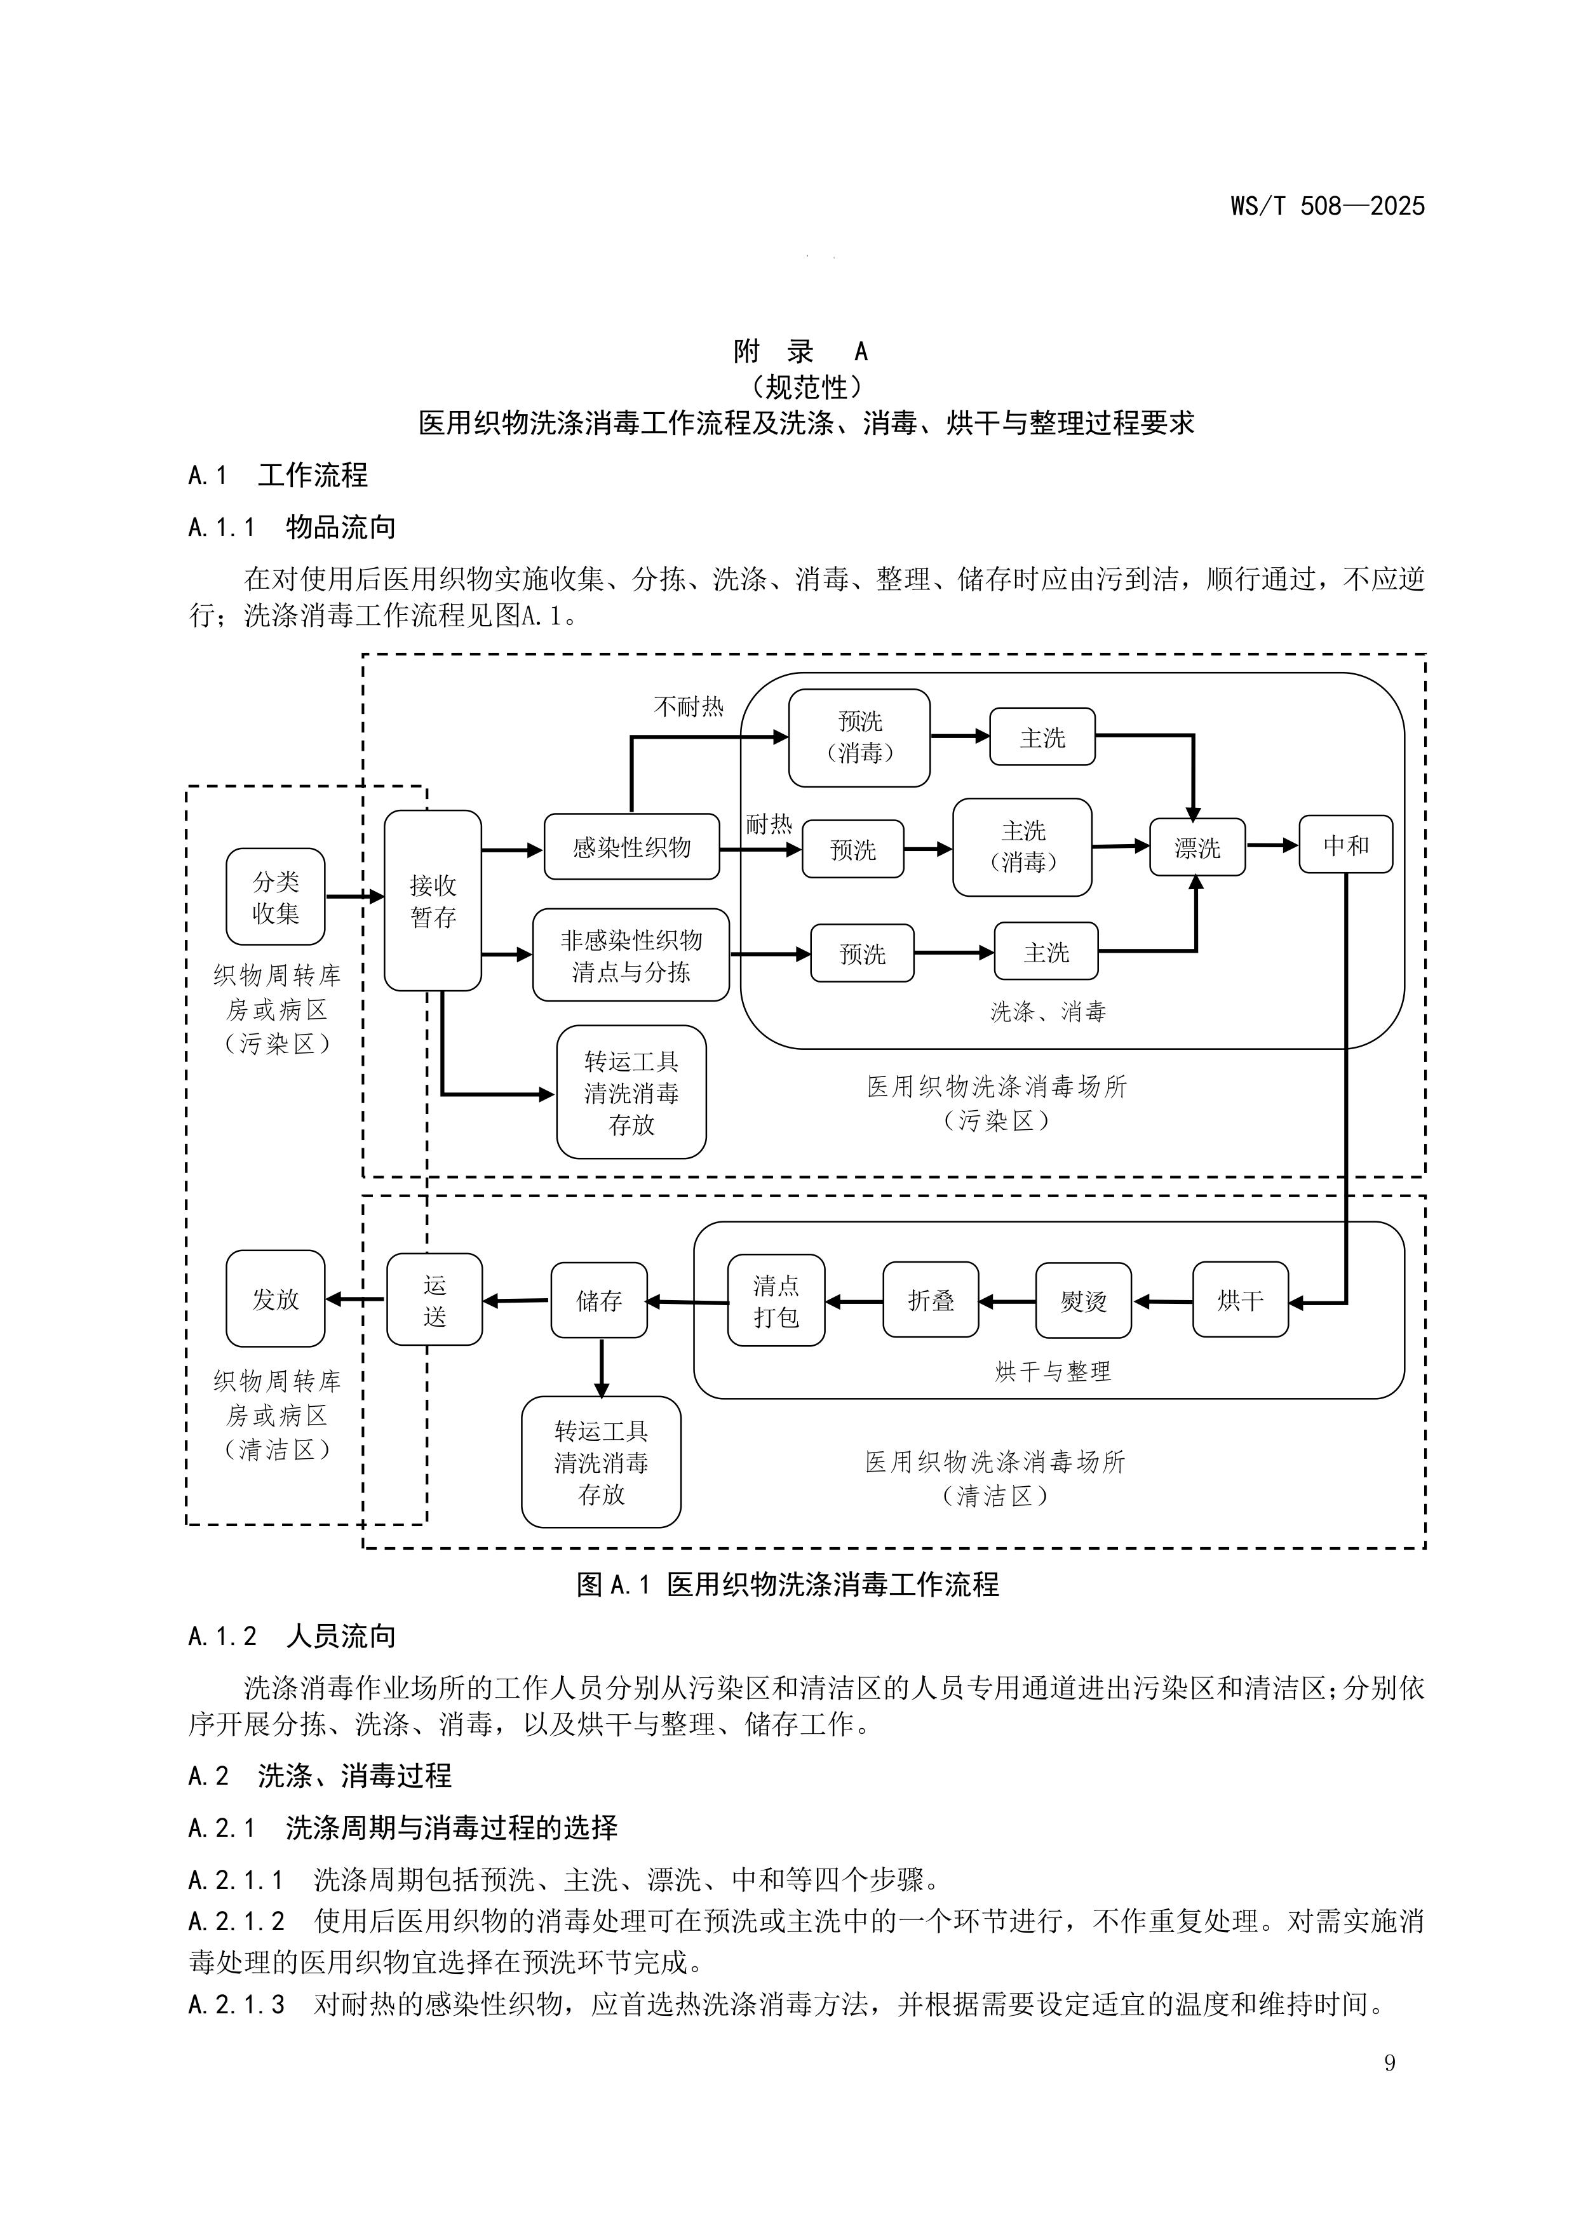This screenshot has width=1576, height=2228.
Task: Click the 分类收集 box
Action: (276, 897)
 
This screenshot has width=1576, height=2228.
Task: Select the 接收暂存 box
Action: (433, 901)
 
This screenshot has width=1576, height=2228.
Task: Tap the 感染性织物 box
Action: (632, 847)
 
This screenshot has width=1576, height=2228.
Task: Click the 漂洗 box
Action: (1197, 847)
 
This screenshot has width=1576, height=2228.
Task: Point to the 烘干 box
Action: (1240, 1299)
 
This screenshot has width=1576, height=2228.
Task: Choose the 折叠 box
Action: (931, 1300)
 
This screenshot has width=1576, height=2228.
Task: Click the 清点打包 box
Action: (776, 1300)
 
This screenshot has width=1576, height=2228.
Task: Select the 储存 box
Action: (599, 1300)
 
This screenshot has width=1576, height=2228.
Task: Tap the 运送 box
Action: (434, 1300)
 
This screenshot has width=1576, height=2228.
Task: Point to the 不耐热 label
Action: (689, 706)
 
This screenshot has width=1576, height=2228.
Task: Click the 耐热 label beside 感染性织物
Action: (769, 825)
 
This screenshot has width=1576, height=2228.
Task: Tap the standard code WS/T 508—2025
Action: (1328, 206)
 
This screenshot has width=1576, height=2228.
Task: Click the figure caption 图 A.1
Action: (787, 1585)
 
